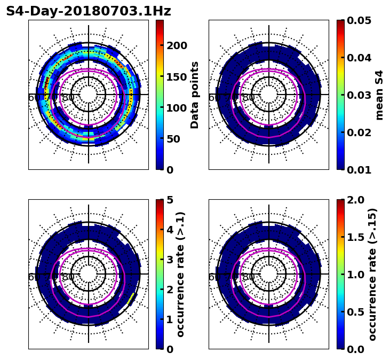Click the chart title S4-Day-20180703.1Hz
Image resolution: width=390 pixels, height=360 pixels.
click(89, 11)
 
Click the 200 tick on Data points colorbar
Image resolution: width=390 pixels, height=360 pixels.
click(177, 45)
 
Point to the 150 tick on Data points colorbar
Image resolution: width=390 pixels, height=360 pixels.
click(177, 76)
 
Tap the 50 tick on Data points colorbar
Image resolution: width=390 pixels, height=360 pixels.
click(173, 139)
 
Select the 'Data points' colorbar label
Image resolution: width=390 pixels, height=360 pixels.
click(195, 95)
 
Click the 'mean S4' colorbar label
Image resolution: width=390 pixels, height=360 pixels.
click(379, 95)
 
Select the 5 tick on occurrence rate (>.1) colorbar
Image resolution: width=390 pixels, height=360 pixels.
click(170, 200)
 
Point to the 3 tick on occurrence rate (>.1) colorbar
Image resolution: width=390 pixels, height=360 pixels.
click(170, 260)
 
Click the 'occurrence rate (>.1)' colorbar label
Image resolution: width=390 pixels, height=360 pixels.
click(180, 275)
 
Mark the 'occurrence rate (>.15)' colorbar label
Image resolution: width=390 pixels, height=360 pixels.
click(372, 275)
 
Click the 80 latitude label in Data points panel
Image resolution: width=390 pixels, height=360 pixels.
click(68, 98)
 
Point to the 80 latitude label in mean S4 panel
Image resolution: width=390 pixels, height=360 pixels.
click(249, 98)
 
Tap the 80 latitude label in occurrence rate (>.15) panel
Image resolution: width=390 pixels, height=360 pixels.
click(249, 277)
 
